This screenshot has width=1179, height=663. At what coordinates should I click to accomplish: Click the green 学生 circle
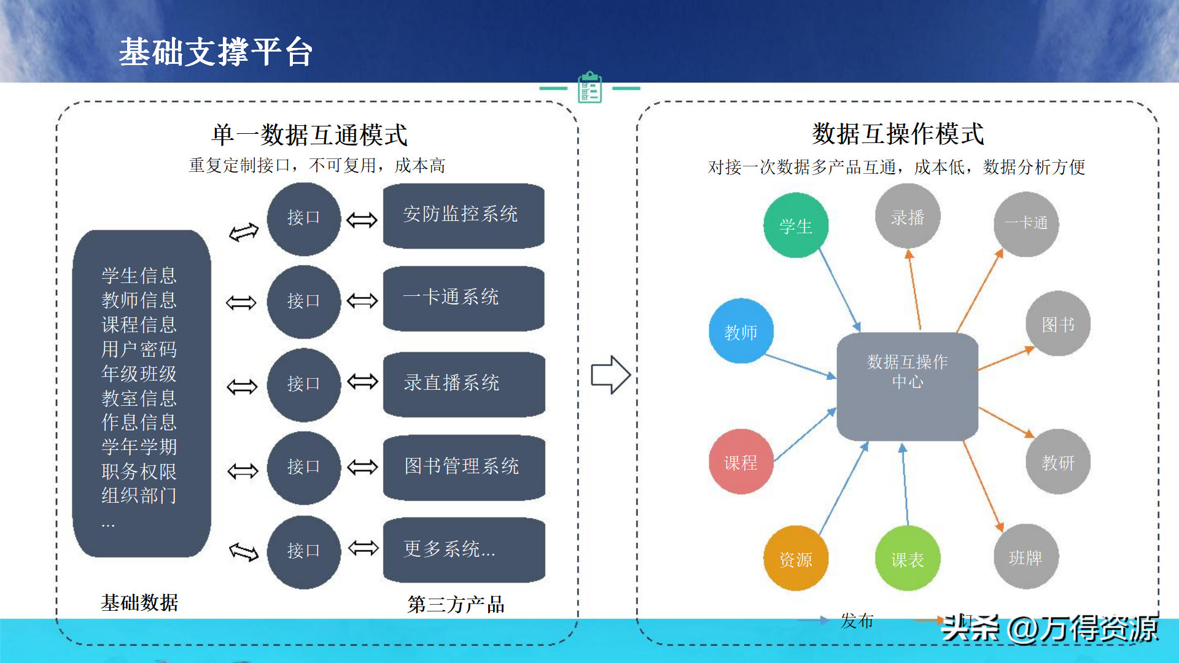pyautogui.click(x=796, y=225)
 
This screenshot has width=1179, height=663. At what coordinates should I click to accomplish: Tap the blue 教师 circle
pyautogui.click(x=741, y=331)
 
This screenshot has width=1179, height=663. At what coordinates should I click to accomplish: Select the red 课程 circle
pyautogui.click(x=741, y=462)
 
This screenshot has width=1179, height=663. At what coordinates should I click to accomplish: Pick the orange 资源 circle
pyautogui.click(x=796, y=558)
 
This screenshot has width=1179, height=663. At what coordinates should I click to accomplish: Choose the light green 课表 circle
pyautogui.click(x=907, y=558)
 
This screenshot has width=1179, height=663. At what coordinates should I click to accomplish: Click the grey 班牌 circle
pyautogui.click(x=1025, y=557)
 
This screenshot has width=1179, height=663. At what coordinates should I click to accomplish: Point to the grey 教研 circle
pyautogui.click(x=1058, y=462)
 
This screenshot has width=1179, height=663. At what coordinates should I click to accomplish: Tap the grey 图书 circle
pyautogui.click(x=1058, y=324)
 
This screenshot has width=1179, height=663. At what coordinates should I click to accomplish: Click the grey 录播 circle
pyautogui.click(x=908, y=217)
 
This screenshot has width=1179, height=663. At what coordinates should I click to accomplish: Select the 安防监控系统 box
pyautogui.click(x=464, y=215)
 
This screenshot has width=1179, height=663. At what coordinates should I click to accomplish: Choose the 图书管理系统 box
pyautogui.click(x=464, y=467)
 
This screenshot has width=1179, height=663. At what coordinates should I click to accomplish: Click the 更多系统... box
pyautogui.click(x=464, y=549)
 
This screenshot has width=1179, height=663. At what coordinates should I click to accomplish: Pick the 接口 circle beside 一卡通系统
pyautogui.click(x=303, y=301)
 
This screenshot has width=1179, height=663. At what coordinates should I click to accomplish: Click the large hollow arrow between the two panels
pyautogui.click(x=610, y=374)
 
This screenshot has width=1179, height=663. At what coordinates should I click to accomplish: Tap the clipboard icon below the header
pyautogui.click(x=589, y=87)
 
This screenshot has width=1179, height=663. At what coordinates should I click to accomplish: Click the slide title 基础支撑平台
pyautogui.click(x=216, y=52)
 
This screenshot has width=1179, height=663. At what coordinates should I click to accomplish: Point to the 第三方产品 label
pyautogui.click(x=456, y=605)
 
